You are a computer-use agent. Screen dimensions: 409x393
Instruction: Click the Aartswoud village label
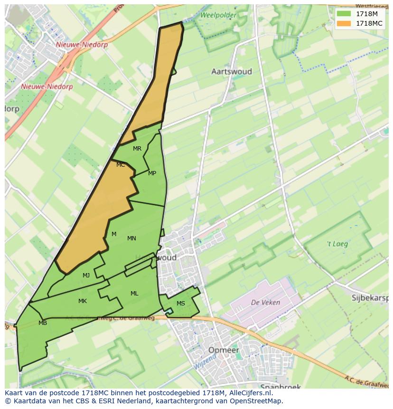(x=231, y=72)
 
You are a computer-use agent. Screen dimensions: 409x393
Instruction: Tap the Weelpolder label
(x=218, y=15)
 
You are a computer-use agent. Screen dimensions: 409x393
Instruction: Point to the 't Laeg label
(x=337, y=244)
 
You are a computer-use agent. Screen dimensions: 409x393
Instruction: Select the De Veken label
(x=265, y=302)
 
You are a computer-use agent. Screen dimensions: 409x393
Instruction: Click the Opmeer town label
(x=223, y=350)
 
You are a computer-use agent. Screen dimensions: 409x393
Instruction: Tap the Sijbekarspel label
(x=370, y=298)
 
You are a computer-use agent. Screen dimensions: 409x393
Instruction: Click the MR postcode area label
(x=137, y=149)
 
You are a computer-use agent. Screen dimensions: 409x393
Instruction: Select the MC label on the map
(x=121, y=165)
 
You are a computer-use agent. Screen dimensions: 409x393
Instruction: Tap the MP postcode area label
(x=152, y=173)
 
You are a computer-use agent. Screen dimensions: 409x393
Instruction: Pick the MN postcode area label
(x=131, y=238)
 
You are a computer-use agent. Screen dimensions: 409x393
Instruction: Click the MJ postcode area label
(x=86, y=276)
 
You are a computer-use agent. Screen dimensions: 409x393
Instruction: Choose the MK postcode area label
(x=83, y=301)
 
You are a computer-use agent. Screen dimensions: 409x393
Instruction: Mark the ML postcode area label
(x=134, y=294)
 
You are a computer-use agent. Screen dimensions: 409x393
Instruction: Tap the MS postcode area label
(x=181, y=304)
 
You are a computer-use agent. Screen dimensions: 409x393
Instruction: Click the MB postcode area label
(x=43, y=323)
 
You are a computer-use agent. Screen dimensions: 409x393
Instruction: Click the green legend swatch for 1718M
(x=344, y=14)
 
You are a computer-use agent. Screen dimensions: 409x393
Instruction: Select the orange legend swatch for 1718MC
(x=344, y=23)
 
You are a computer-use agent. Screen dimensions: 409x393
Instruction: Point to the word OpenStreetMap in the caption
(x=256, y=401)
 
